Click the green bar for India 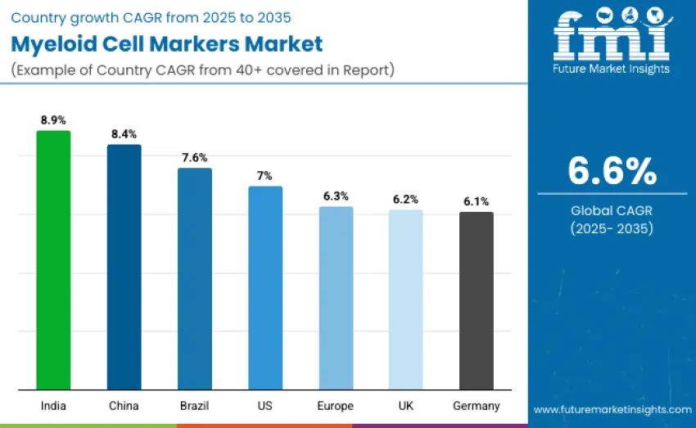point(53,260)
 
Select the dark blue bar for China point(124,267)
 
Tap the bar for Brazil point(195,279)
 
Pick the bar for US point(265,288)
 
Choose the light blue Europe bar point(336,298)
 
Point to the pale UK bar point(405,300)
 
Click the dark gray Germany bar point(476,300)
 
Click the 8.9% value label point(53,119)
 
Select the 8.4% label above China point(124,133)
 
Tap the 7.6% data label point(195,157)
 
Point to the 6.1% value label point(476,201)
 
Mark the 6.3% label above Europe point(336,196)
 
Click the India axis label point(53,406)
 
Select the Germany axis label point(476,406)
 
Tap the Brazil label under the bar point(195,406)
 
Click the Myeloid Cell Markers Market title point(168,44)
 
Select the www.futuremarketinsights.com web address point(612,409)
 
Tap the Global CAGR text point(612,210)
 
